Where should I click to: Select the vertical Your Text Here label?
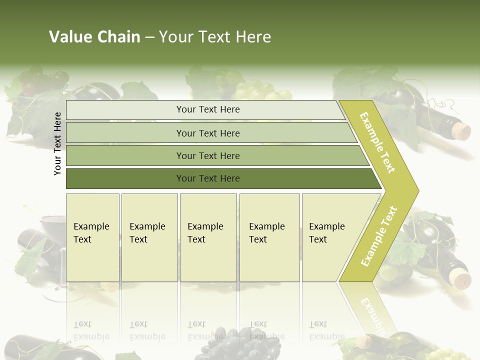(58, 143)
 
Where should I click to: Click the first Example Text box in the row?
(92, 237)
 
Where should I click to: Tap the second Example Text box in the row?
(149, 237)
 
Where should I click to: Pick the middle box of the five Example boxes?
(208, 237)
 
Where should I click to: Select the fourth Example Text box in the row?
(269, 237)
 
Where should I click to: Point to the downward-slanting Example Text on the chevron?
(378, 142)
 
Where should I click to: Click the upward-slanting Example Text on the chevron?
(379, 236)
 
